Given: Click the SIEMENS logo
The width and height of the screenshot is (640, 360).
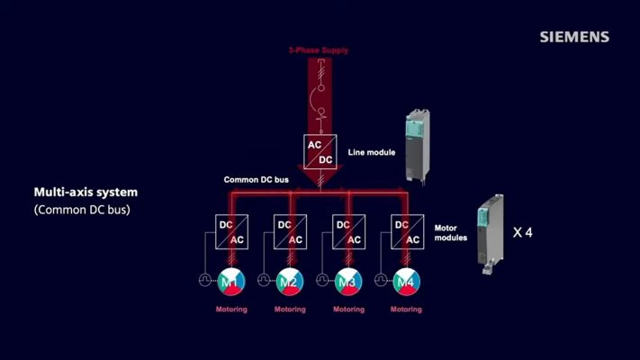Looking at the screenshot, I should click(x=574, y=37).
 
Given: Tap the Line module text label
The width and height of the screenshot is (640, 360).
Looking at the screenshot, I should click(x=372, y=152).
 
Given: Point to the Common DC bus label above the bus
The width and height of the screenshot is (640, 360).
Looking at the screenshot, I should click(x=261, y=180).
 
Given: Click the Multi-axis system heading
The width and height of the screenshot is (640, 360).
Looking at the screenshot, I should click(x=86, y=193).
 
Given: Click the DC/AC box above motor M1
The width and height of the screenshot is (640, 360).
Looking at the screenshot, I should click(x=232, y=231).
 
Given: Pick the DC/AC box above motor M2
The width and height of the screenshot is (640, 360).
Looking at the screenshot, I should click(x=291, y=231).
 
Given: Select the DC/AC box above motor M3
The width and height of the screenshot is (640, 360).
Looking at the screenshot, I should click(x=349, y=231).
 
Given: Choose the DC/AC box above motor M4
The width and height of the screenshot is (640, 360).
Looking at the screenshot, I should click(x=408, y=231).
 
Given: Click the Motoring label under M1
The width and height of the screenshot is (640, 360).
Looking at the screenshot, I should click(x=231, y=310).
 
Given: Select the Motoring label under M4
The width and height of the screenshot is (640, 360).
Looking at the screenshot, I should click(x=406, y=310).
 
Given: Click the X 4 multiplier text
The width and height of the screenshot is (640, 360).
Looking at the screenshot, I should click(x=523, y=232).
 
